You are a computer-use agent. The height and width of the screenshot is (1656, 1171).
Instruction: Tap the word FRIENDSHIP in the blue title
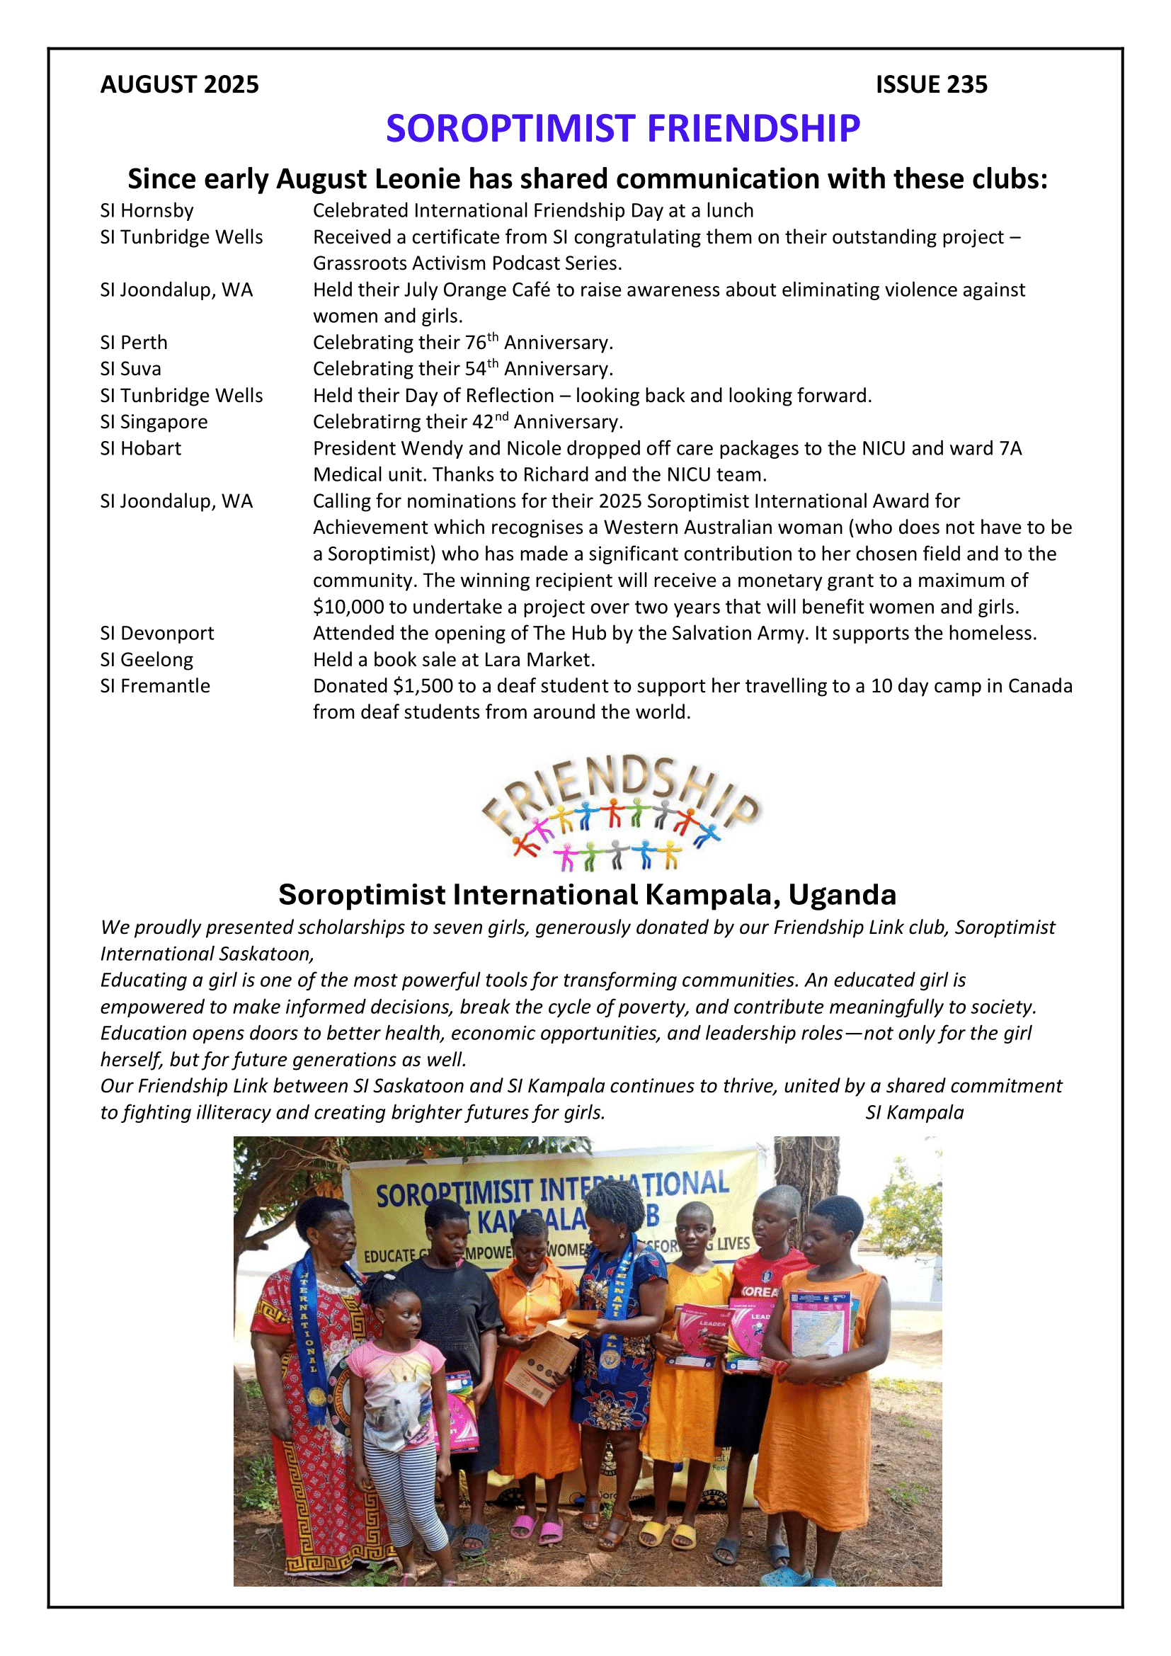click(753, 129)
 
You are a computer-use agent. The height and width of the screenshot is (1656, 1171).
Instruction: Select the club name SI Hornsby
click(147, 210)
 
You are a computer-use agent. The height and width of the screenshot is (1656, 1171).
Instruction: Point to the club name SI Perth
click(133, 343)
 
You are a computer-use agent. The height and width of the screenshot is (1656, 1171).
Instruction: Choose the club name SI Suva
click(130, 370)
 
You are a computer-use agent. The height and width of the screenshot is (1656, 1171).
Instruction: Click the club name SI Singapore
click(154, 422)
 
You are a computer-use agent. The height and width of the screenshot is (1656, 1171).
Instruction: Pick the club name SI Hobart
click(141, 449)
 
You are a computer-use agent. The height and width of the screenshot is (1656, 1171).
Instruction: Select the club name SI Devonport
click(157, 633)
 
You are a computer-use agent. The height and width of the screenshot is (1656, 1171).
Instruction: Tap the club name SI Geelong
click(147, 660)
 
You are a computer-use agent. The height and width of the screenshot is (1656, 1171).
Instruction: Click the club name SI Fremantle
click(155, 686)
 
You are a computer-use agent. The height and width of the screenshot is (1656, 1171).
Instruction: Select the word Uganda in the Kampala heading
click(842, 895)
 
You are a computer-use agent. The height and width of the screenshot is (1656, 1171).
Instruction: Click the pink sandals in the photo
click(537, 1527)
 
